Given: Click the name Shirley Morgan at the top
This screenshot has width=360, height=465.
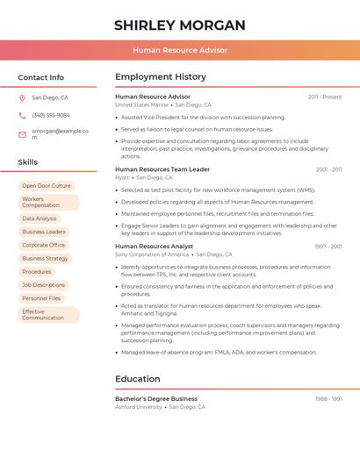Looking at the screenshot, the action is coord(179,25).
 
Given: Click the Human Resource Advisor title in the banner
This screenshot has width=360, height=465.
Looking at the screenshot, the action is coord(180,50).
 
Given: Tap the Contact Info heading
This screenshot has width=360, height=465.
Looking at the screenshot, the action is coord(40,77).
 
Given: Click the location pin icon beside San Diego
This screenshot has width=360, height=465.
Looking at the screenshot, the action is coord(22,98).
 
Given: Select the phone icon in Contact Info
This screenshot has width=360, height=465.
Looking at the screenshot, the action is coord(22,115).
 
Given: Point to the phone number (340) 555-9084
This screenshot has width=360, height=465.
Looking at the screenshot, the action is coord(51,115).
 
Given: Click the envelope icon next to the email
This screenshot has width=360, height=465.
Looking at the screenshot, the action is coord(22,134).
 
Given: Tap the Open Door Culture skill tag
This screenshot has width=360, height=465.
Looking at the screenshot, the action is coord(47,186).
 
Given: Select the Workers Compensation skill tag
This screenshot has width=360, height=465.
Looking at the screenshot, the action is coord(48,202).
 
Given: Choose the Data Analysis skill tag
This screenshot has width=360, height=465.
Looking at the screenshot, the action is coord(40,218).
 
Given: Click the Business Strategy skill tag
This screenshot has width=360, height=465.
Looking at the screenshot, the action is coord(45,259).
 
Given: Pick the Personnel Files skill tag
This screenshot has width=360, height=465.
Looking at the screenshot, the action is coord(41,298).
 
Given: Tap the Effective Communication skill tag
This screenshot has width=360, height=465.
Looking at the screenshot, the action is coord(48,314).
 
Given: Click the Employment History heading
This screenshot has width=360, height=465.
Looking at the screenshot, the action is coord(161,77).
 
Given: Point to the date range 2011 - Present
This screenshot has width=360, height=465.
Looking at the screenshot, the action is coord(324,97).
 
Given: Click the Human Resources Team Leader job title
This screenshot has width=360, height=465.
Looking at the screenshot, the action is coord(162,169).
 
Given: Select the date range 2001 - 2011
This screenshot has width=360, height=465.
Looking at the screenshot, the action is coord(328,169).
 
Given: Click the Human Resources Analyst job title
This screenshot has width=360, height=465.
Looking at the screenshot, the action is coord(155,247).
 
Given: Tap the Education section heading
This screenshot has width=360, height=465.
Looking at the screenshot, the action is coord(138,379).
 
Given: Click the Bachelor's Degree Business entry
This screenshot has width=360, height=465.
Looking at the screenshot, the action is coord(156,398).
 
